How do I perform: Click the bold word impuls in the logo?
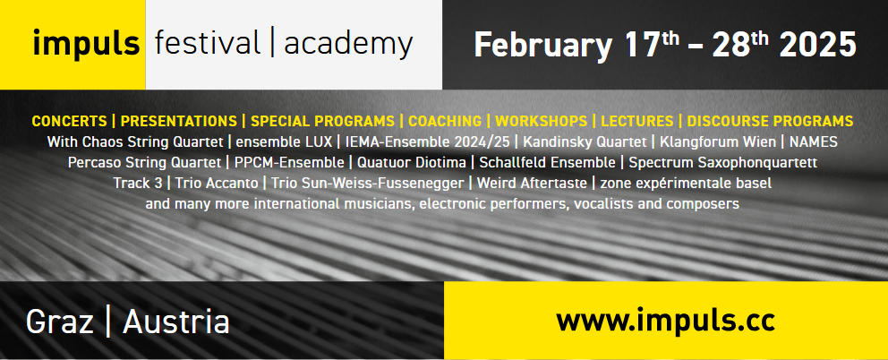86,44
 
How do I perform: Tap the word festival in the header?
208,43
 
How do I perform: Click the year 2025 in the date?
818,45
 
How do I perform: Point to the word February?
543,46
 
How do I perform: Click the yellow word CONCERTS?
69,121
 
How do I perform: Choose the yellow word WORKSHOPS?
541,121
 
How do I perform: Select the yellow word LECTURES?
637,121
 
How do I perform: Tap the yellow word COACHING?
445,121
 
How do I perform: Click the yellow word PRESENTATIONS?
178,121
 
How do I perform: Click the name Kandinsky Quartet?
585,141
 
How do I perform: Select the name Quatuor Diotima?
411,163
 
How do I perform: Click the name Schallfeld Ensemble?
547,163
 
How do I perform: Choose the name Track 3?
138,183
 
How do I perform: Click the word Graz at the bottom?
60,322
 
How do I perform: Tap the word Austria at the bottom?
176,322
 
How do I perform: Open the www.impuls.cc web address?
665,321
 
